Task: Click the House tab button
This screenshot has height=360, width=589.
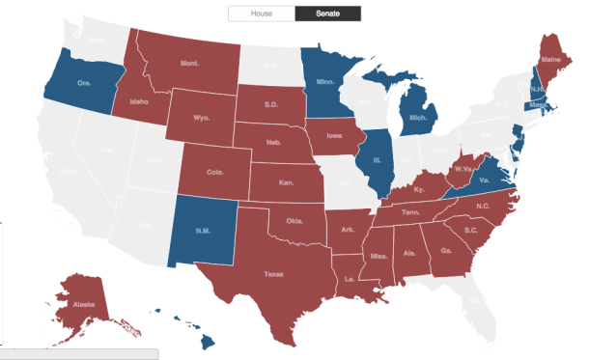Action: pos(261,13)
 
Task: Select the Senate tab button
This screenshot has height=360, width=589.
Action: pos(327,13)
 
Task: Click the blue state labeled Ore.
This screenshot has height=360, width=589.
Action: pos(84,83)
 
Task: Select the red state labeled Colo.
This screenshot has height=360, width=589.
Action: pos(215,175)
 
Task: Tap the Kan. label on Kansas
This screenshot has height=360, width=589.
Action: pos(287,181)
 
